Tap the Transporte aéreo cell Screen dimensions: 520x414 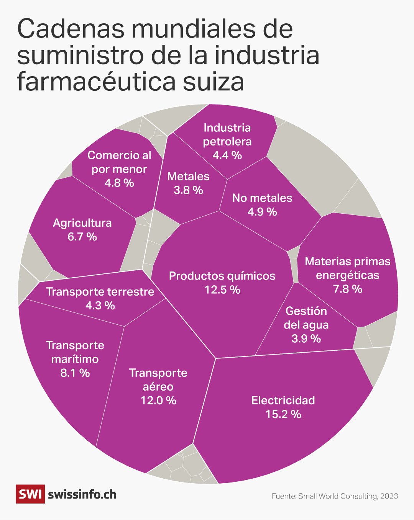click(x=158, y=417)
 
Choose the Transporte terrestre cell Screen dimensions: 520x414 click(x=100, y=298)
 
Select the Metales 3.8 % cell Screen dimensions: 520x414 click(x=188, y=199)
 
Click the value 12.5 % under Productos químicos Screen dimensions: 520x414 click(x=222, y=290)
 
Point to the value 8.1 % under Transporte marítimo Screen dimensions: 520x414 click(x=75, y=373)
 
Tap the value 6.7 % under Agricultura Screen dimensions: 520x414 click(x=82, y=237)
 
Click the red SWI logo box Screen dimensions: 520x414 click(x=30, y=494)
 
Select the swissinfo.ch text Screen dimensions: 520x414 click(x=82, y=494)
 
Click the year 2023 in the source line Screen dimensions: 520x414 click(x=389, y=496)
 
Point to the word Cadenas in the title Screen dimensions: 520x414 click(x=71, y=29)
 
